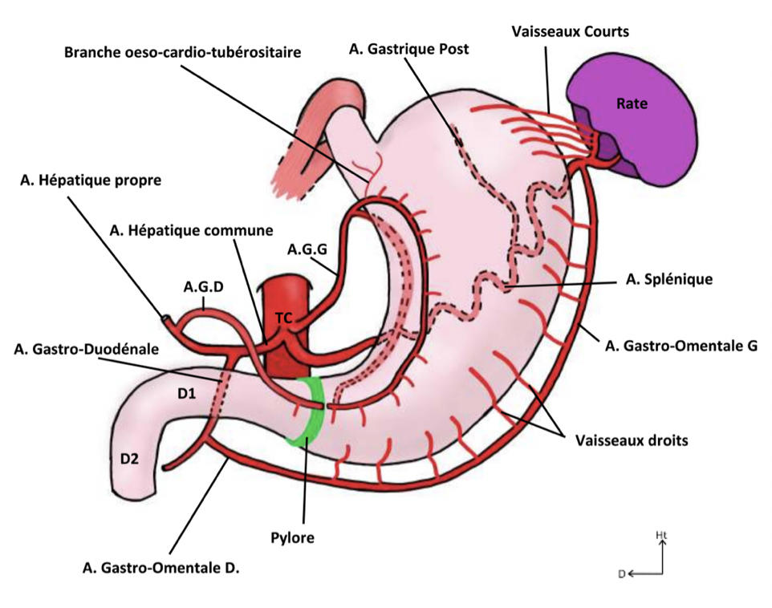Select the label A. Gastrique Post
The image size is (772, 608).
pyautogui.click(x=409, y=50)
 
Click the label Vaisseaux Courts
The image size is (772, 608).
pyautogui.click(x=570, y=32)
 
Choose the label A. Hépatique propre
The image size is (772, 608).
pyautogui.click(x=91, y=180)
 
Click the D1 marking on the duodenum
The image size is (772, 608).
pyautogui.click(x=188, y=394)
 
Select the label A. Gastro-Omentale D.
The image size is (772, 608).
pyautogui.click(x=161, y=568)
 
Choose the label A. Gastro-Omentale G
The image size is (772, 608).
pyautogui.click(x=680, y=347)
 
